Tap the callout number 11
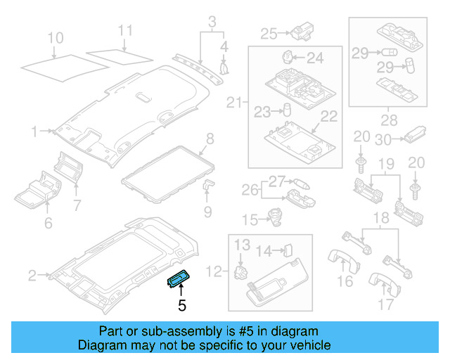pyautogui.click(x=124, y=31)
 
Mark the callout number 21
pyautogui.click(x=234, y=104)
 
